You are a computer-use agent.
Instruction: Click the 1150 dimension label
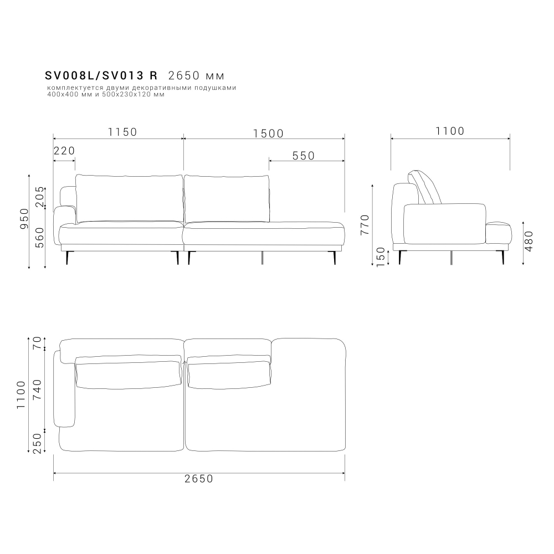pos(122,132)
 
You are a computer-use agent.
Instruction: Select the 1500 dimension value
pos(269,134)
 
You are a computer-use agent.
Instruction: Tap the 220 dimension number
pos(64,151)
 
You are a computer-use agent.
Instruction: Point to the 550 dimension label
pos(304,156)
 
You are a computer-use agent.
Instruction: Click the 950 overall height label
pos(24,218)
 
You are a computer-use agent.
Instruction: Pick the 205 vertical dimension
pos(40,197)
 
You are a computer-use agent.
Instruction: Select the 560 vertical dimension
pos(40,238)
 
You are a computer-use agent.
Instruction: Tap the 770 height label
pos(365,225)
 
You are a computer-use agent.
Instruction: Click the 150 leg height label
pos(381,257)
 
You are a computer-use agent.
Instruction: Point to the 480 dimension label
pos(529,242)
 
